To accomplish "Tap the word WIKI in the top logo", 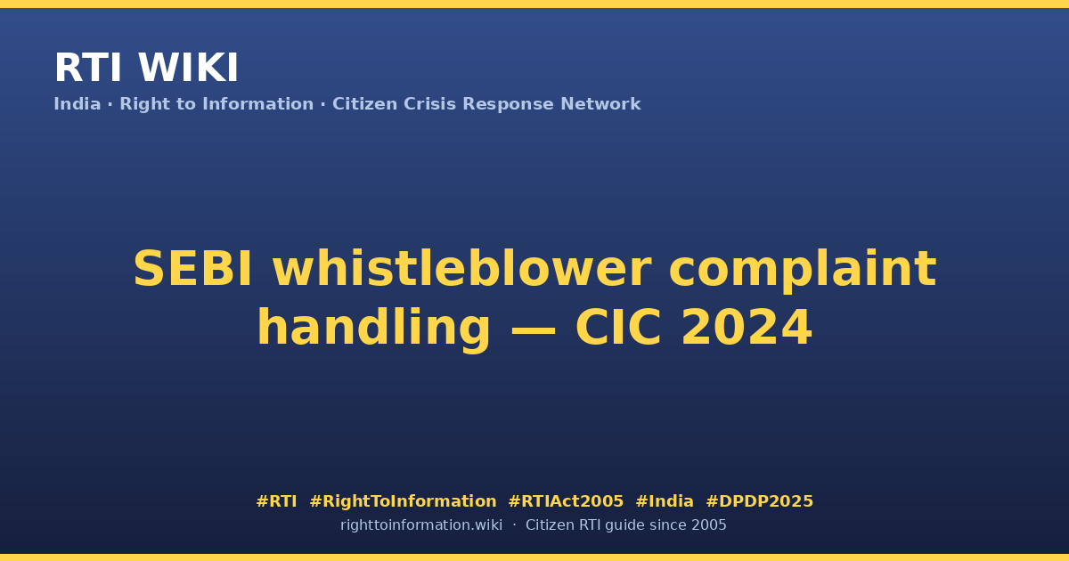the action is pyautogui.click(x=188, y=68).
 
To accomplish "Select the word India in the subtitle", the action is pyautogui.click(x=78, y=104).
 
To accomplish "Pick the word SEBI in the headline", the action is pyautogui.click(x=192, y=269).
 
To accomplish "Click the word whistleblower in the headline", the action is pyautogui.click(x=462, y=269).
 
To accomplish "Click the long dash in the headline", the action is pyautogui.click(x=533, y=329).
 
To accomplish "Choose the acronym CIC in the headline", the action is pyautogui.click(x=618, y=328).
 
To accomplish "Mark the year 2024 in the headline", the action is pyautogui.click(x=747, y=328).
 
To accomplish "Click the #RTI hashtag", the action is pyautogui.click(x=276, y=501).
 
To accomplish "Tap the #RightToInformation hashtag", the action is pyautogui.click(x=403, y=501).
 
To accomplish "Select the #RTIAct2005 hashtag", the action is pyautogui.click(x=566, y=501).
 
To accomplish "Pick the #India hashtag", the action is pyautogui.click(x=665, y=501).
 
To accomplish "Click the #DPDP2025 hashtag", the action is pyautogui.click(x=759, y=501).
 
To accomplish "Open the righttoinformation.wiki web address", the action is pyautogui.click(x=421, y=525).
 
